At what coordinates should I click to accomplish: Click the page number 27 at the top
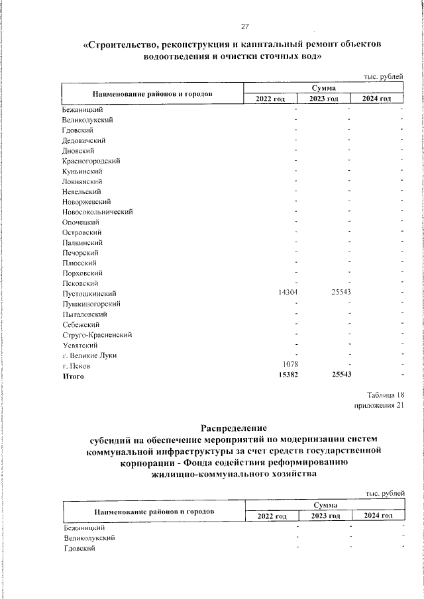pos(244,26)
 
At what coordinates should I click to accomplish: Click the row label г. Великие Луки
pos(89,355)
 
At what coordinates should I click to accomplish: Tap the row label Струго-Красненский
pos(97,335)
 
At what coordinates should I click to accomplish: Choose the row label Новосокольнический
pos(98,212)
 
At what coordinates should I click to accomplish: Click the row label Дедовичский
pos(83,140)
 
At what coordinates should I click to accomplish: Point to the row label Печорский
pos(81,253)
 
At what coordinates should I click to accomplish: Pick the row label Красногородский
pos(91,161)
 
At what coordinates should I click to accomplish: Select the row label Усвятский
pos(81,345)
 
